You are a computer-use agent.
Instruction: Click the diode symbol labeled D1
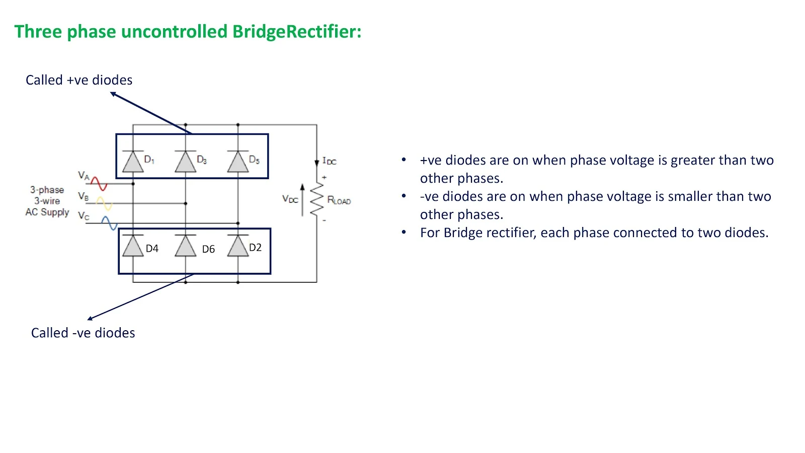[x=133, y=162]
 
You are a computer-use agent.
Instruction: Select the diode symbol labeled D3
[x=185, y=162]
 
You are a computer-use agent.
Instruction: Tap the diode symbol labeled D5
[x=238, y=162]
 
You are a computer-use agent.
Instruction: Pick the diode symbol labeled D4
[x=133, y=246]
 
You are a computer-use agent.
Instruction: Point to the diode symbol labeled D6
[x=185, y=246]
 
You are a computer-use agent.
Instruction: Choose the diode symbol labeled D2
[x=238, y=246]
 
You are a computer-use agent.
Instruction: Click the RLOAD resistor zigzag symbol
[x=316, y=200]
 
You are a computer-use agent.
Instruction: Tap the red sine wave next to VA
[x=99, y=184]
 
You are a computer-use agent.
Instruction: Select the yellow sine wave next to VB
[x=104, y=203]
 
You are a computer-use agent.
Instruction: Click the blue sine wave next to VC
[x=109, y=223]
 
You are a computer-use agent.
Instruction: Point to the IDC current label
[x=330, y=161]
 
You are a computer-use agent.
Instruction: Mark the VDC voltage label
[x=290, y=199]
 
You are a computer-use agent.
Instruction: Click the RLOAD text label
[x=339, y=200]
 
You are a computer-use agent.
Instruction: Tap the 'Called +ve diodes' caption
[x=79, y=80]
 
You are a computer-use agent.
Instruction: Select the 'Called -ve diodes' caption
[x=83, y=333]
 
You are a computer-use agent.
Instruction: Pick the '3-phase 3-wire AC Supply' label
[x=47, y=201]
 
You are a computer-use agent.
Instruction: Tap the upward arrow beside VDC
[x=302, y=200]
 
